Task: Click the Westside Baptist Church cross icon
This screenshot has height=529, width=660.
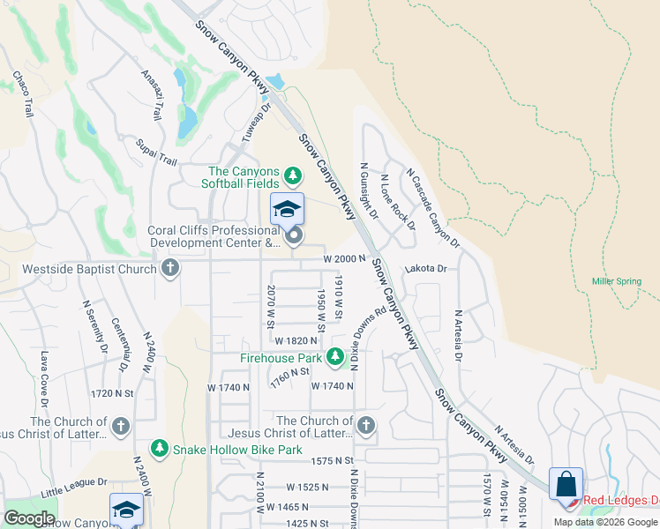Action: point(170,268)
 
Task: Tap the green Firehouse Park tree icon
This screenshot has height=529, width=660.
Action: point(334,357)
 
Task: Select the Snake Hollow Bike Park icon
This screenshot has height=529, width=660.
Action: point(159,449)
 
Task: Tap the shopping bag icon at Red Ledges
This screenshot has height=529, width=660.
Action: point(566,484)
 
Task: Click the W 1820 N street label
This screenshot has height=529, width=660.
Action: point(296,340)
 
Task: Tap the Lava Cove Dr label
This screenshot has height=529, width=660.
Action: point(44,373)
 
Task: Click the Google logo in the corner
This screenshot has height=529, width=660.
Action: point(28,518)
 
